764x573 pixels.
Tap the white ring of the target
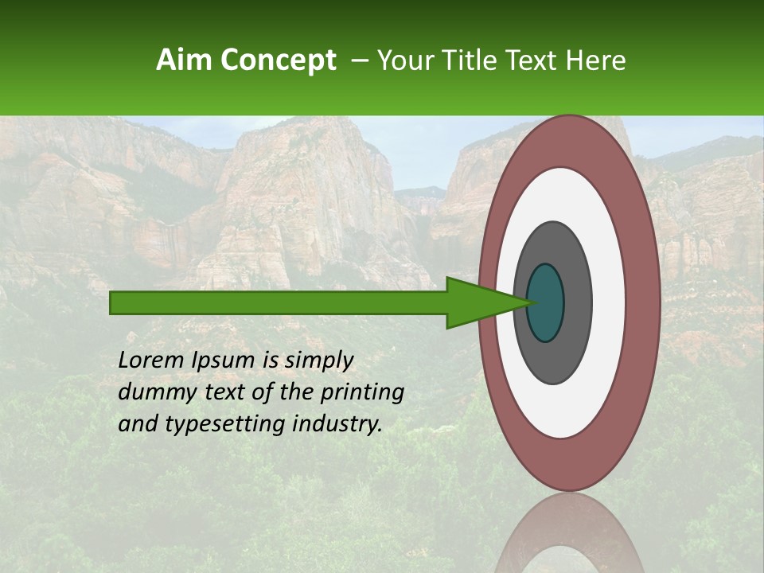(x=608, y=302)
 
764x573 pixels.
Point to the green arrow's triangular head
(x=477, y=302)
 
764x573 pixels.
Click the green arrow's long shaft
(x=279, y=302)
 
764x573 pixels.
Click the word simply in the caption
(x=318, y=361)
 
